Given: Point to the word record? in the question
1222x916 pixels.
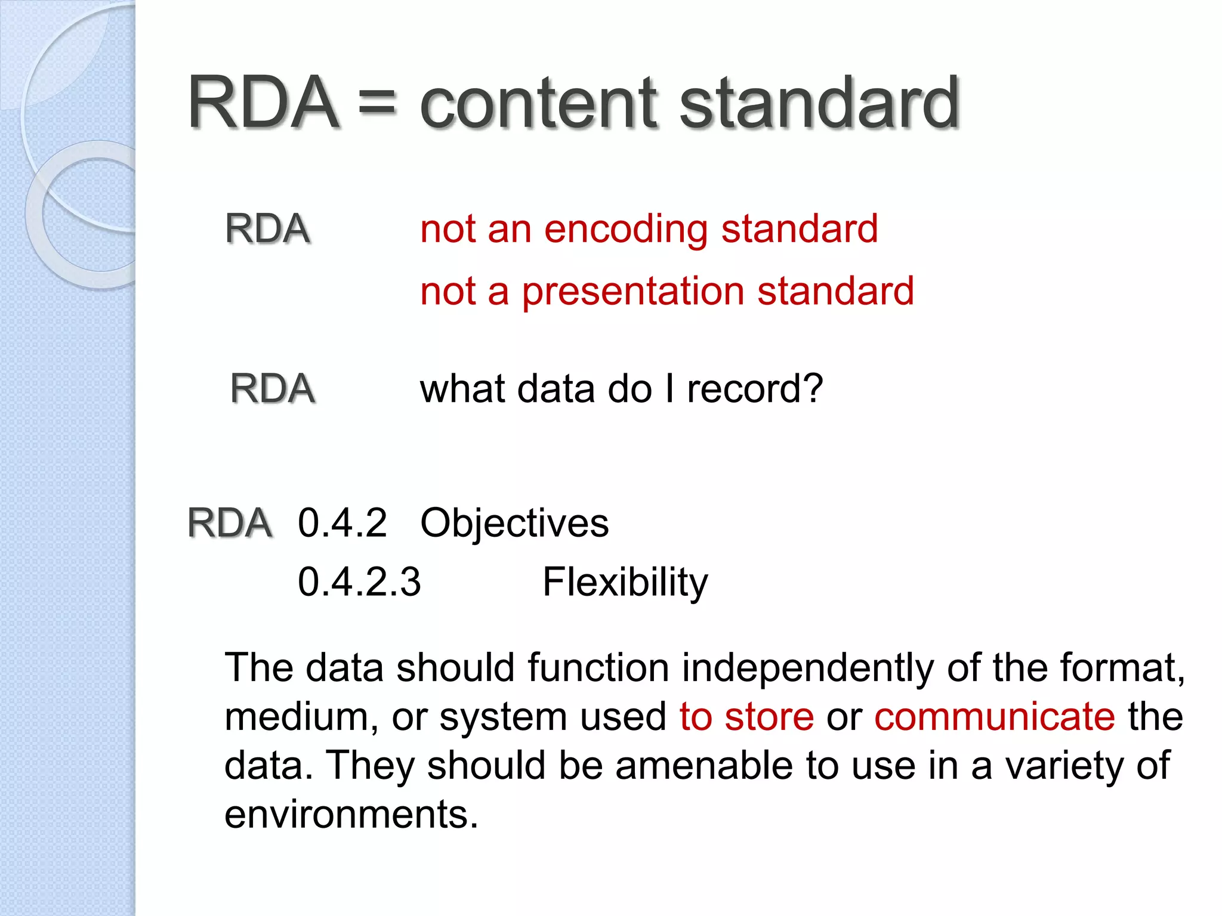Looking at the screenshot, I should point(755,389).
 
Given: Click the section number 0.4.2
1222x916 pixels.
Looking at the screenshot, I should point(342,523).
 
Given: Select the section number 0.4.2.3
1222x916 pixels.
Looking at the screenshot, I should point(359,582).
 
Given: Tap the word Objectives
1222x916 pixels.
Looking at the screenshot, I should point(514,524).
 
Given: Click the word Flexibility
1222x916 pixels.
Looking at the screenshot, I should point(625,583).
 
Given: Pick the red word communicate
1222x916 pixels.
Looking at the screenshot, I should point(994,716).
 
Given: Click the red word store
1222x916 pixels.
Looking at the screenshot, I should point(769,716).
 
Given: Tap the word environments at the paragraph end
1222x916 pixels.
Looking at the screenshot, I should point(351,815).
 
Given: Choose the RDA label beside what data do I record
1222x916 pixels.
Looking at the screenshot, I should point(272,389).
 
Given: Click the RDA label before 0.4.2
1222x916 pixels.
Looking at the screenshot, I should point(229,523).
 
